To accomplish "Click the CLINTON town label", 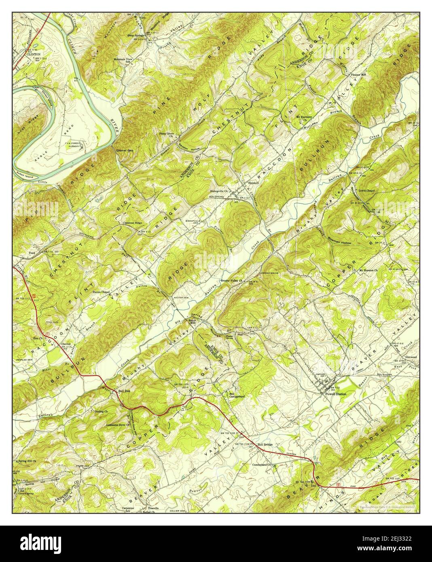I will pyautogui.click(x=33, y=53).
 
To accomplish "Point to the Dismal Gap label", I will pyautogui.click(x=125, y=150).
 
